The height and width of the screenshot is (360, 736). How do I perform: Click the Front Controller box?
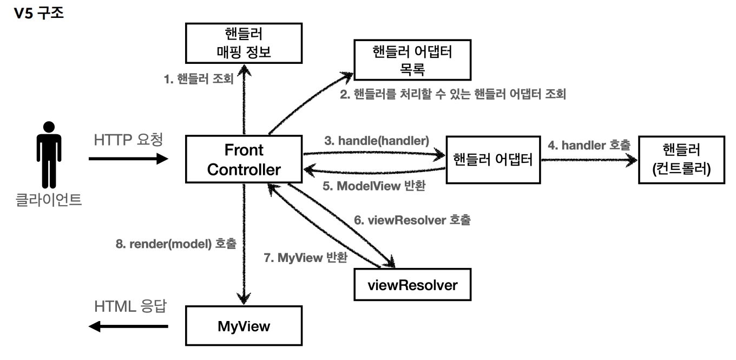(x=244, y=159)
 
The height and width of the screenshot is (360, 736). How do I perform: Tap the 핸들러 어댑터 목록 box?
(x=412, y=60)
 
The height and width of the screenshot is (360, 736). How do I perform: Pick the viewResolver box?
(x=412, y=285)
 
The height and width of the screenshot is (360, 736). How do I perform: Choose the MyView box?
(x=244, y=326)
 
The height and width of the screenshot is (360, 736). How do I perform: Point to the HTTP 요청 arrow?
(x=128, y=159)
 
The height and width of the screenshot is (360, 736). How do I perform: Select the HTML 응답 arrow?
(x=128, y=326)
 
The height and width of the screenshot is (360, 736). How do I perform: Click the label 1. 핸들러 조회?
(x=199, y=79)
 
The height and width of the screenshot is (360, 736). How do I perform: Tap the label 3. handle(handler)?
(x=377, y=141)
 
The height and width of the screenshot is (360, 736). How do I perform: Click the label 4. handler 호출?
(x=589, y=145)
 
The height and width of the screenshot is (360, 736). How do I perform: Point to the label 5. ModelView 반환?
(x=373, y=186)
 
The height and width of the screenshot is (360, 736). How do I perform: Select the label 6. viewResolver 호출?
(x=412, y=220)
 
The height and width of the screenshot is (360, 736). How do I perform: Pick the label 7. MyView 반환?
(x=305, y=258)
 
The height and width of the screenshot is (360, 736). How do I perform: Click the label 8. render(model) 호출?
(x=176, y=244)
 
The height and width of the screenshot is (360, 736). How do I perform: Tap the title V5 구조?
(x=38, y=13)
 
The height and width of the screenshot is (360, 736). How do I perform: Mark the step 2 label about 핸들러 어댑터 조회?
(x=452, y=95)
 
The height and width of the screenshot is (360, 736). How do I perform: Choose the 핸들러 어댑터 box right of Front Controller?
(x=492, y=159)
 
